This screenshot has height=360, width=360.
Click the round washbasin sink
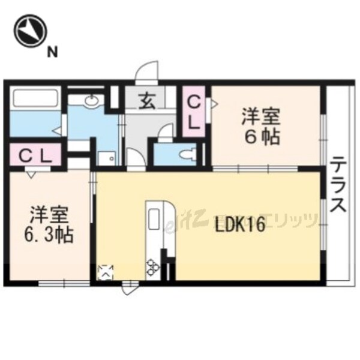tap(92, 101)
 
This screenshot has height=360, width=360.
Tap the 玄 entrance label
tap(147, 101)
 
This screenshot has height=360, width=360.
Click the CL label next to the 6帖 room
tap(194, 112)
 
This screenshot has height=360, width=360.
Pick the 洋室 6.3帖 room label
tap(51, 224)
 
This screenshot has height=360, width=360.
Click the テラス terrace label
tap(338, 185)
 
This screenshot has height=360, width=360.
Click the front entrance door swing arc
tap(145, 70)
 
